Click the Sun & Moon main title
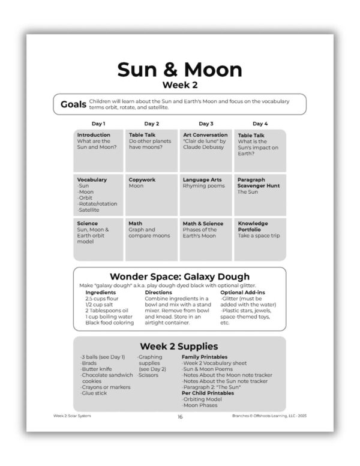click(179, 70)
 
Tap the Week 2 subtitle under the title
click(179, 85)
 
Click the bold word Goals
click(73, 104)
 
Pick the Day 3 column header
click(206, 124)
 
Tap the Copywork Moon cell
click(151, 195)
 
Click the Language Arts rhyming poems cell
click(206, 195)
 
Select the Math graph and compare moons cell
click(151, 239)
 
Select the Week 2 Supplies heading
click(179, 346)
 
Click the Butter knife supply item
click(97, 369)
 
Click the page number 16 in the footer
click(179, 416)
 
